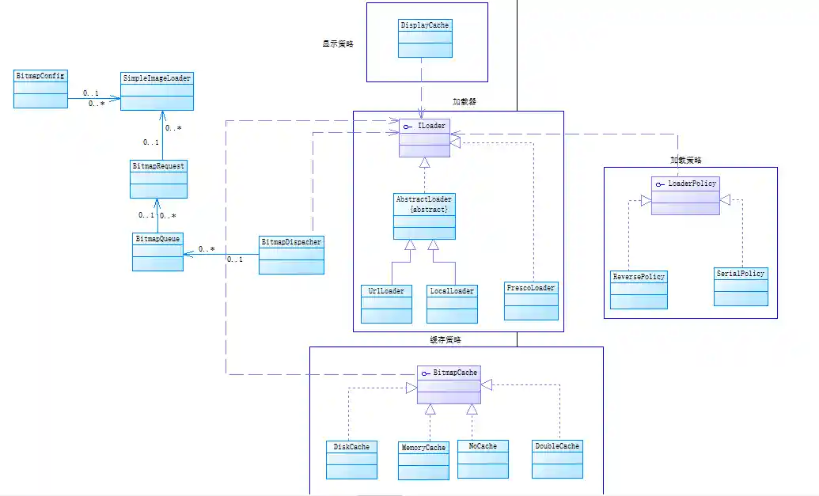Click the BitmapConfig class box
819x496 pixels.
41,89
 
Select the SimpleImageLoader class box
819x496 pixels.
157,91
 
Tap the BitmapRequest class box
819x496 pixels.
158,179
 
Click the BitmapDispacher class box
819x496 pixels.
291,254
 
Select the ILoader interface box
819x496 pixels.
425,138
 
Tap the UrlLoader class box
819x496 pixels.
386,304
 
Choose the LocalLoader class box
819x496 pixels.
452,304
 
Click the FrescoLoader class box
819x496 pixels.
531,301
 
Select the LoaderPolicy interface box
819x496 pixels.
685,195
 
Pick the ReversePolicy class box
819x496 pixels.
639,290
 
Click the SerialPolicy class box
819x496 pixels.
741,286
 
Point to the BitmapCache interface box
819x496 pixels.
449,384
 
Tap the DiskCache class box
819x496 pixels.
351,460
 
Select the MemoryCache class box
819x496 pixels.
424,460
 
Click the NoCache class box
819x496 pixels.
483,459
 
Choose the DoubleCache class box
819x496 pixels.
557,459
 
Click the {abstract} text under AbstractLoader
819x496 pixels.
430,210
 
